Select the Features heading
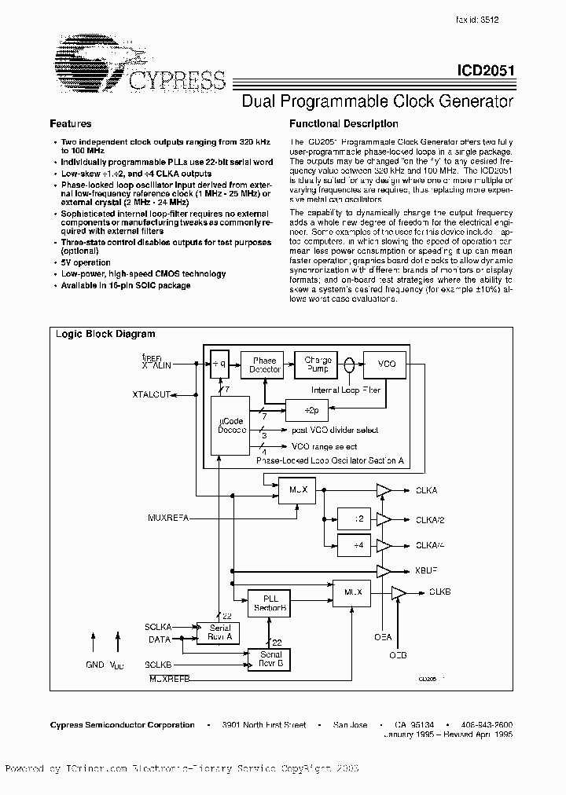[71, 124]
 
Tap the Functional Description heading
[344, 124]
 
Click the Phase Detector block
[264, 365]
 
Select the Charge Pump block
[318, 365]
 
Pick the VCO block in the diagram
[387, 365]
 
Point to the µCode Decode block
[231, 425]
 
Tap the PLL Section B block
[270, 603]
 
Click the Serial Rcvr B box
[270, 659]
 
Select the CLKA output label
[426, 490]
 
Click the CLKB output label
[441, 591]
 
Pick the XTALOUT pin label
[151, 394]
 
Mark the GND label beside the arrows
[94, 665]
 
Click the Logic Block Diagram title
[105, 334]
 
